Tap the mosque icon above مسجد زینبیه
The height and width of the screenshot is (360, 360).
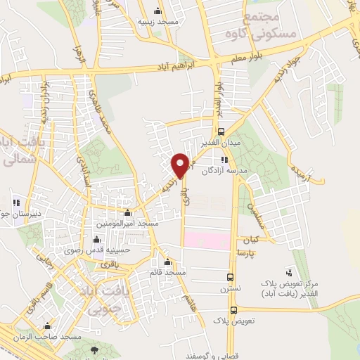tap(157, 11)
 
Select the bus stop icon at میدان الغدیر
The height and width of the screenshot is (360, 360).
tap(222, 131)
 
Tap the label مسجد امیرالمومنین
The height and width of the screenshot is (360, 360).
tap(128, 223)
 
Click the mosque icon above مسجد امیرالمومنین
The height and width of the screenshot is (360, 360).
tap(127, 213)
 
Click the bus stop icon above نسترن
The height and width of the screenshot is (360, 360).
tap(230, 277)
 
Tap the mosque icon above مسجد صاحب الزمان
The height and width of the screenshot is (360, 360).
tap(47, 326)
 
